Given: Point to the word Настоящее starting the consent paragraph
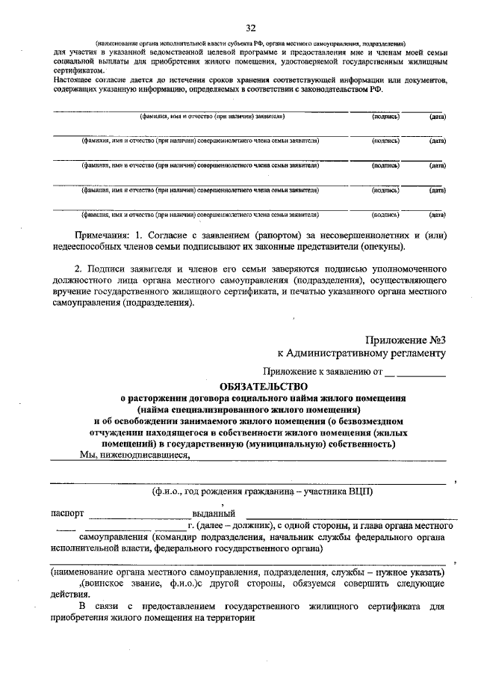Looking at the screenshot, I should click(77, 79).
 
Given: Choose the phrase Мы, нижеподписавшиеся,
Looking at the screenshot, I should click(135, 453).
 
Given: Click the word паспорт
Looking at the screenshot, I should click(67, 514).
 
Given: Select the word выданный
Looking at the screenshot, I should click(214, 514).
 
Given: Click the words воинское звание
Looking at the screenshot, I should click(124, 583).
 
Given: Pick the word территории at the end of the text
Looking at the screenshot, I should click(231, 618).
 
